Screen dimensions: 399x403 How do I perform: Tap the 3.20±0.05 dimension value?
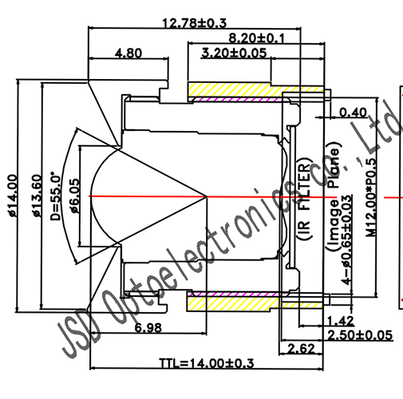tap(232, 54)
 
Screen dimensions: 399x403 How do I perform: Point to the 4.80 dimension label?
tap(128, 54)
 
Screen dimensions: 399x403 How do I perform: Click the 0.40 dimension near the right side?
tap(354, 113)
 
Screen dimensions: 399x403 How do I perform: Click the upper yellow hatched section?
tap(227, 89)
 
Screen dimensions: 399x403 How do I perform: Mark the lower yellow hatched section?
tap(227, 302)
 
